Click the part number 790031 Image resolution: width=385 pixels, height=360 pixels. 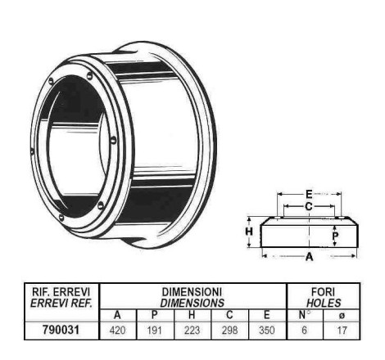[x=61, y=330]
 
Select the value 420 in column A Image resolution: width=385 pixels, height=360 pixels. [x=118, y=331]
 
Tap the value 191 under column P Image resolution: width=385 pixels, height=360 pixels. [x=155, y=331]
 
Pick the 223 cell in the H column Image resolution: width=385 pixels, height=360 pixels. [x=192, y=331]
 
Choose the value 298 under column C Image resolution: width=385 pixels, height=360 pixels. [x=229, y=331]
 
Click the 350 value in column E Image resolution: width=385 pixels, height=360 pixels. [x=266, y=331]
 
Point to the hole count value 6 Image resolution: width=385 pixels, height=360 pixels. [x=304, y=331]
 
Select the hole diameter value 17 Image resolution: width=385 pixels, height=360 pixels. [x=342, y=331]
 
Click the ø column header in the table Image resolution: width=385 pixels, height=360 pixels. [x=342, y=316]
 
